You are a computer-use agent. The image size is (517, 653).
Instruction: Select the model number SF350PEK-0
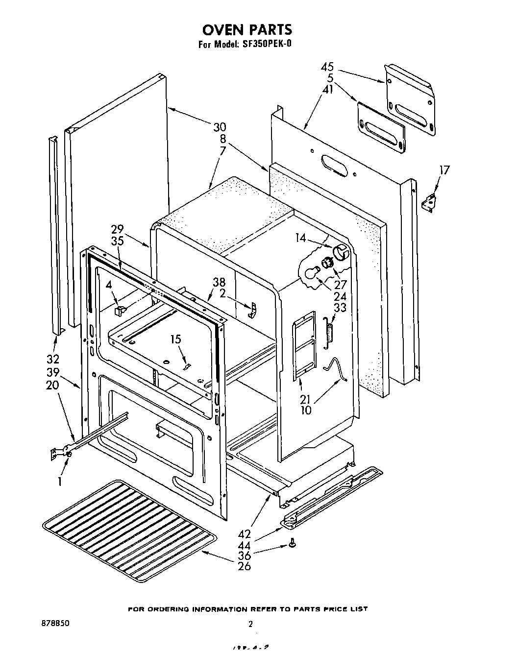click(x=267, y=44)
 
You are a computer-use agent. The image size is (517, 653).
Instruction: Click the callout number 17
click(x=444, y=170)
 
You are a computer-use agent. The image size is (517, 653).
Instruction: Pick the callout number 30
click(x=220, y=127)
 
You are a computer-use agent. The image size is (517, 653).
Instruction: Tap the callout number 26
click(x=244, y=566)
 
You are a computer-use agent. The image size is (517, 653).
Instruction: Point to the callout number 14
click(x=301, y=238)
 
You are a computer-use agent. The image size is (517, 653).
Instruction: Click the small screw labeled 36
click(x=293, y=543)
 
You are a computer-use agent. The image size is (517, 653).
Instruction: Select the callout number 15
click(x=175, y=339)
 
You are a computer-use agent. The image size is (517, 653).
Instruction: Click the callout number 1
click(x=59, y=482)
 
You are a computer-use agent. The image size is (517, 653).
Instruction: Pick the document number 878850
click(x=55, y=624)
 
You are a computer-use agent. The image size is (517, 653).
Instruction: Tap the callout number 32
click(x=53, y=359)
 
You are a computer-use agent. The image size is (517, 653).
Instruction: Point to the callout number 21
click(x=306, y=399)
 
